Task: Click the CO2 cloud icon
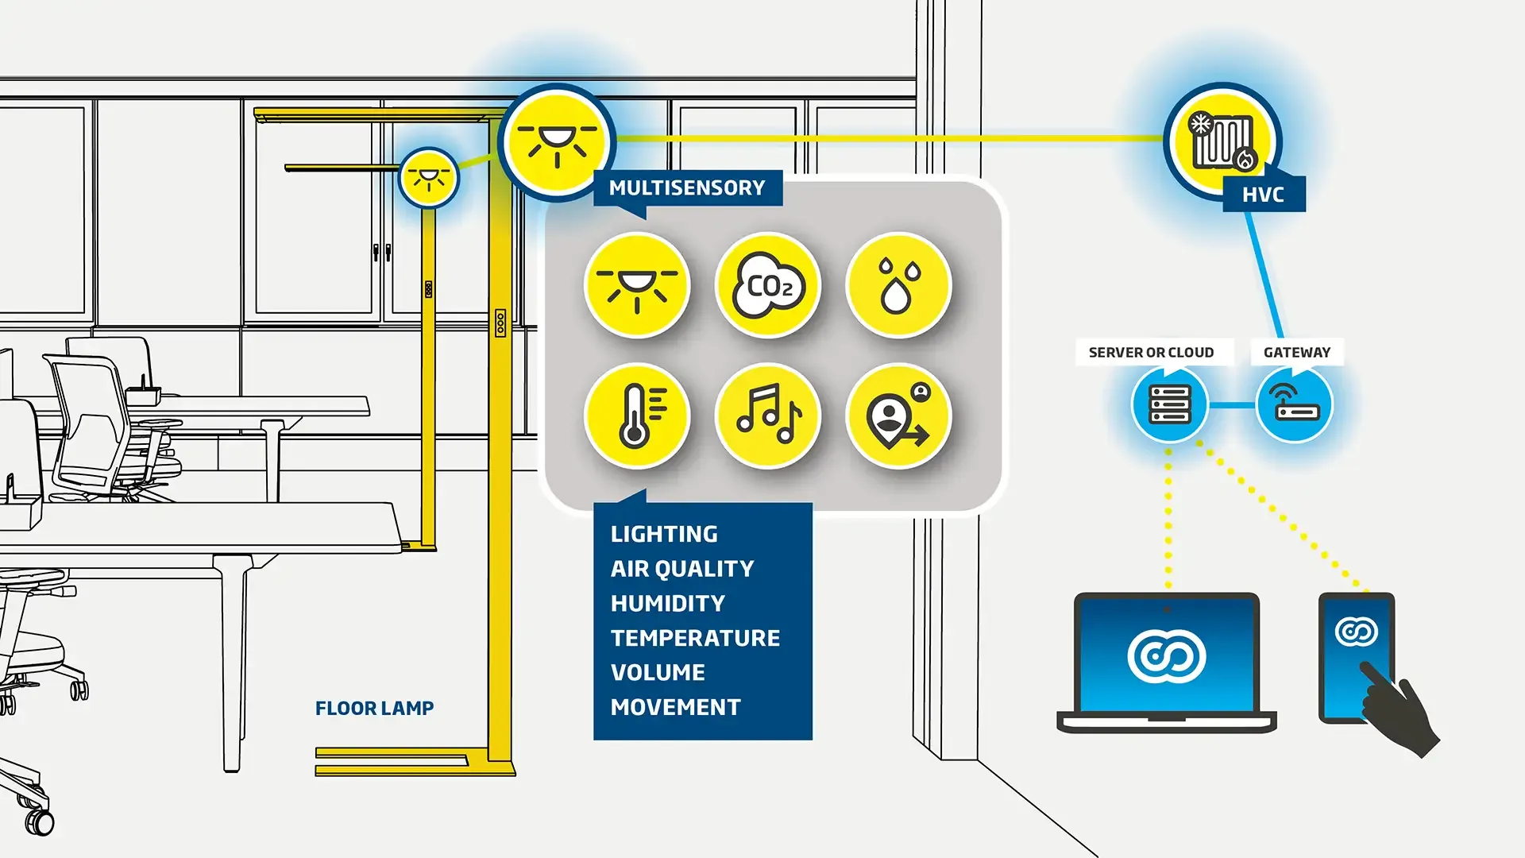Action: point(767,285)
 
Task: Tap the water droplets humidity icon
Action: point(898,285)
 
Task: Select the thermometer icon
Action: point(636,416)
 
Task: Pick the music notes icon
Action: point(767,416)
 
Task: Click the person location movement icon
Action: point(898,416)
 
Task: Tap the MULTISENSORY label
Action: point(687,188)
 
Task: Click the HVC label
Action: point(1263,195)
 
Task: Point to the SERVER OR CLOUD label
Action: point(1151,353)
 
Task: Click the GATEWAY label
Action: point(1296,353)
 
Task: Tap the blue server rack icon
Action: point(1169,405)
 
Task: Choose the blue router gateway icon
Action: point(1295,405)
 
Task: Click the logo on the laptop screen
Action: point(1166,656)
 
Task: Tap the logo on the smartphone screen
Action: point(1356,632)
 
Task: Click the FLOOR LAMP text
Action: point(374,709)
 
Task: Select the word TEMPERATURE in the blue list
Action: point(695,638)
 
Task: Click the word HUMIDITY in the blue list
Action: point(667,604)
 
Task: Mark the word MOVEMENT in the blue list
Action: point(675,707)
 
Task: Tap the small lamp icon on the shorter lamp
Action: point(429,177)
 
